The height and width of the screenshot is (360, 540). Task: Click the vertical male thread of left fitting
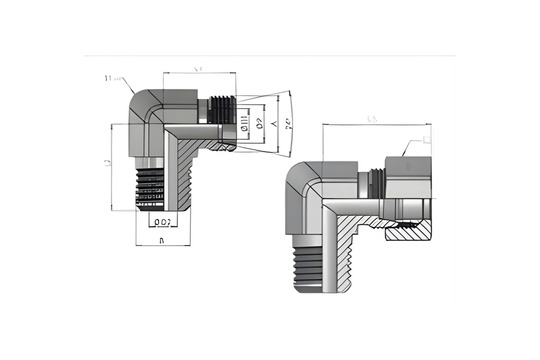(152, 186)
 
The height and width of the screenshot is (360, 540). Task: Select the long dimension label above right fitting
(371, 120)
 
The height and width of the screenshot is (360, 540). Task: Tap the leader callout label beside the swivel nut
(427, 142)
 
